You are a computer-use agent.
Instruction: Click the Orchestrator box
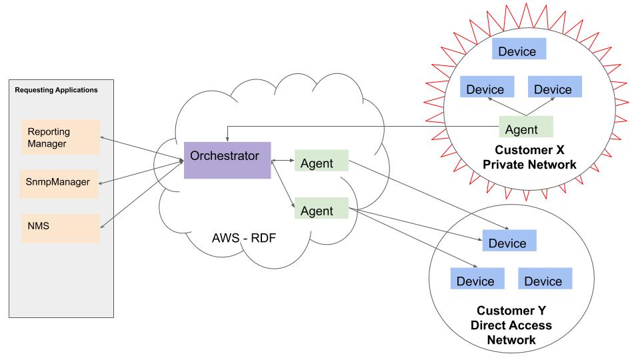227,159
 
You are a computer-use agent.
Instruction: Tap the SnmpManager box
59,181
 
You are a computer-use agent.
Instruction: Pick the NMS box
60,227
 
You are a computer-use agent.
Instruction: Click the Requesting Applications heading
56,90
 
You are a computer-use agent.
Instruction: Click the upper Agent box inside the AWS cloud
321,162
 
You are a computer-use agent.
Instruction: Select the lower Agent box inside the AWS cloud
321,209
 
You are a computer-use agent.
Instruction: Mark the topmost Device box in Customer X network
518,49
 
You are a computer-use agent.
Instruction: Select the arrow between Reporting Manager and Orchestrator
141,148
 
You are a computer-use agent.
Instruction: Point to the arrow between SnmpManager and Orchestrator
141,171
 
